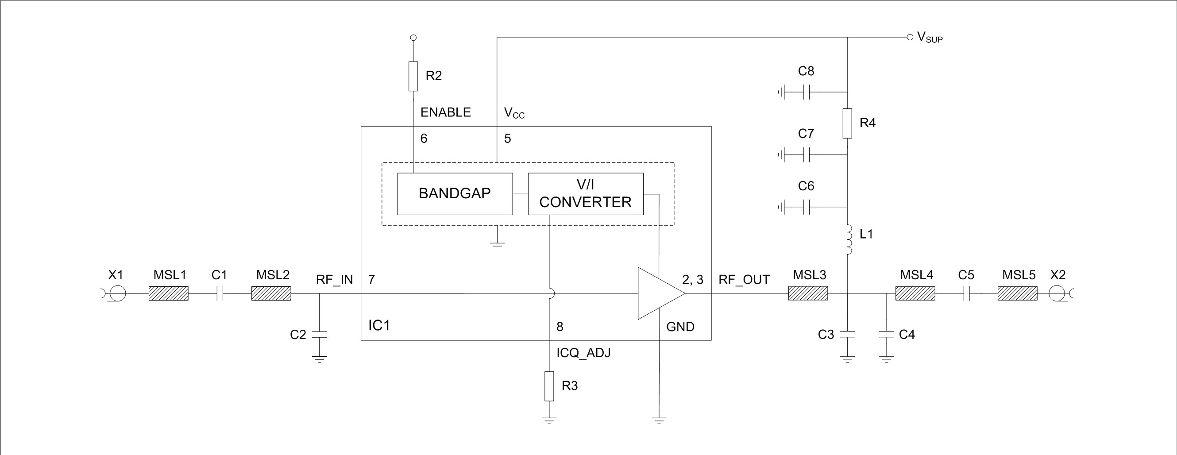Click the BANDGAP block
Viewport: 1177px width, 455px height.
(x=455, y=194)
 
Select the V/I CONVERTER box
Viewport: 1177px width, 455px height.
(x=585, y=194)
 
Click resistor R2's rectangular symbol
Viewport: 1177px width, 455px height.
(x=413, y=76)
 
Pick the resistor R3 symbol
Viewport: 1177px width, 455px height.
(x=549, y=386)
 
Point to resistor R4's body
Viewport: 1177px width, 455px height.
(x=847, y=123)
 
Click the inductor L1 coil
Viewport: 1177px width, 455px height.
(x=848, y=240)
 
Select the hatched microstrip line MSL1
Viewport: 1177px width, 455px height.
(x=169, y=293)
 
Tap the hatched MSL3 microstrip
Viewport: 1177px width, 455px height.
(x=808, y=293)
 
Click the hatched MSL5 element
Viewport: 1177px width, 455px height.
(x=1018, y=293)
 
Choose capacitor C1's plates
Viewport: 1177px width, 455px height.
(x=219, y=293)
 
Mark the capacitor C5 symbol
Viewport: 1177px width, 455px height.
(x=966, y=293)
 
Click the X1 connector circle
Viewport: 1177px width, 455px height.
(x=116, y=293)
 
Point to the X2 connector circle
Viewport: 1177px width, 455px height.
(x=1057, y=293)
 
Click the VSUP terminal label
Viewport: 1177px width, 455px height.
(x=930, y=38)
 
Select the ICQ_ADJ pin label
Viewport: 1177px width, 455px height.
(x=583, y=353)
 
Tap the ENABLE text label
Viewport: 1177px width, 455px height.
(x=445, y=112)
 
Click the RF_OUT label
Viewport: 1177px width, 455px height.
(x=744, y=280)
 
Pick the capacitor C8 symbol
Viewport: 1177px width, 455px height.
(x=807, y=92)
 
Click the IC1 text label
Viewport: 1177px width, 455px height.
(x=379, y=325)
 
